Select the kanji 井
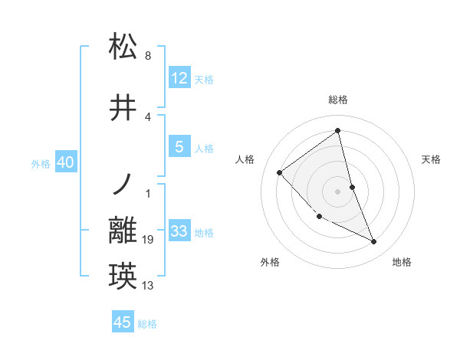click(x=123, y=108)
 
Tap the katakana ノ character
click(x=123, y=185)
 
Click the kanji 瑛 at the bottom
click(x=123, y=277)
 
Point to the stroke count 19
click(x=148, y=241)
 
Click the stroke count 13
click(x=148, y=286)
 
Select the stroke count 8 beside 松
click(x=148, y=56)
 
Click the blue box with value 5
click(x=179, y=147)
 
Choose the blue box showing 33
click(x=179, y=231)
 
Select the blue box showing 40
click(x=64, y=162)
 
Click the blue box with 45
click(x=123, y=322)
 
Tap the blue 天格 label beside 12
click(x=204, y=79)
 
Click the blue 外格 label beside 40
click(x=41, y=164)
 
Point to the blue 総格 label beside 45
click(x=147, y=324)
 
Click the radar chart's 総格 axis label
click(x=337, y=100)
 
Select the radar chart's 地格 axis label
click(x=402, y=262)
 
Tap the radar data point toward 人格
click(x=280, y=172)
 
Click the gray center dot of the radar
click(x=337, y=191)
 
